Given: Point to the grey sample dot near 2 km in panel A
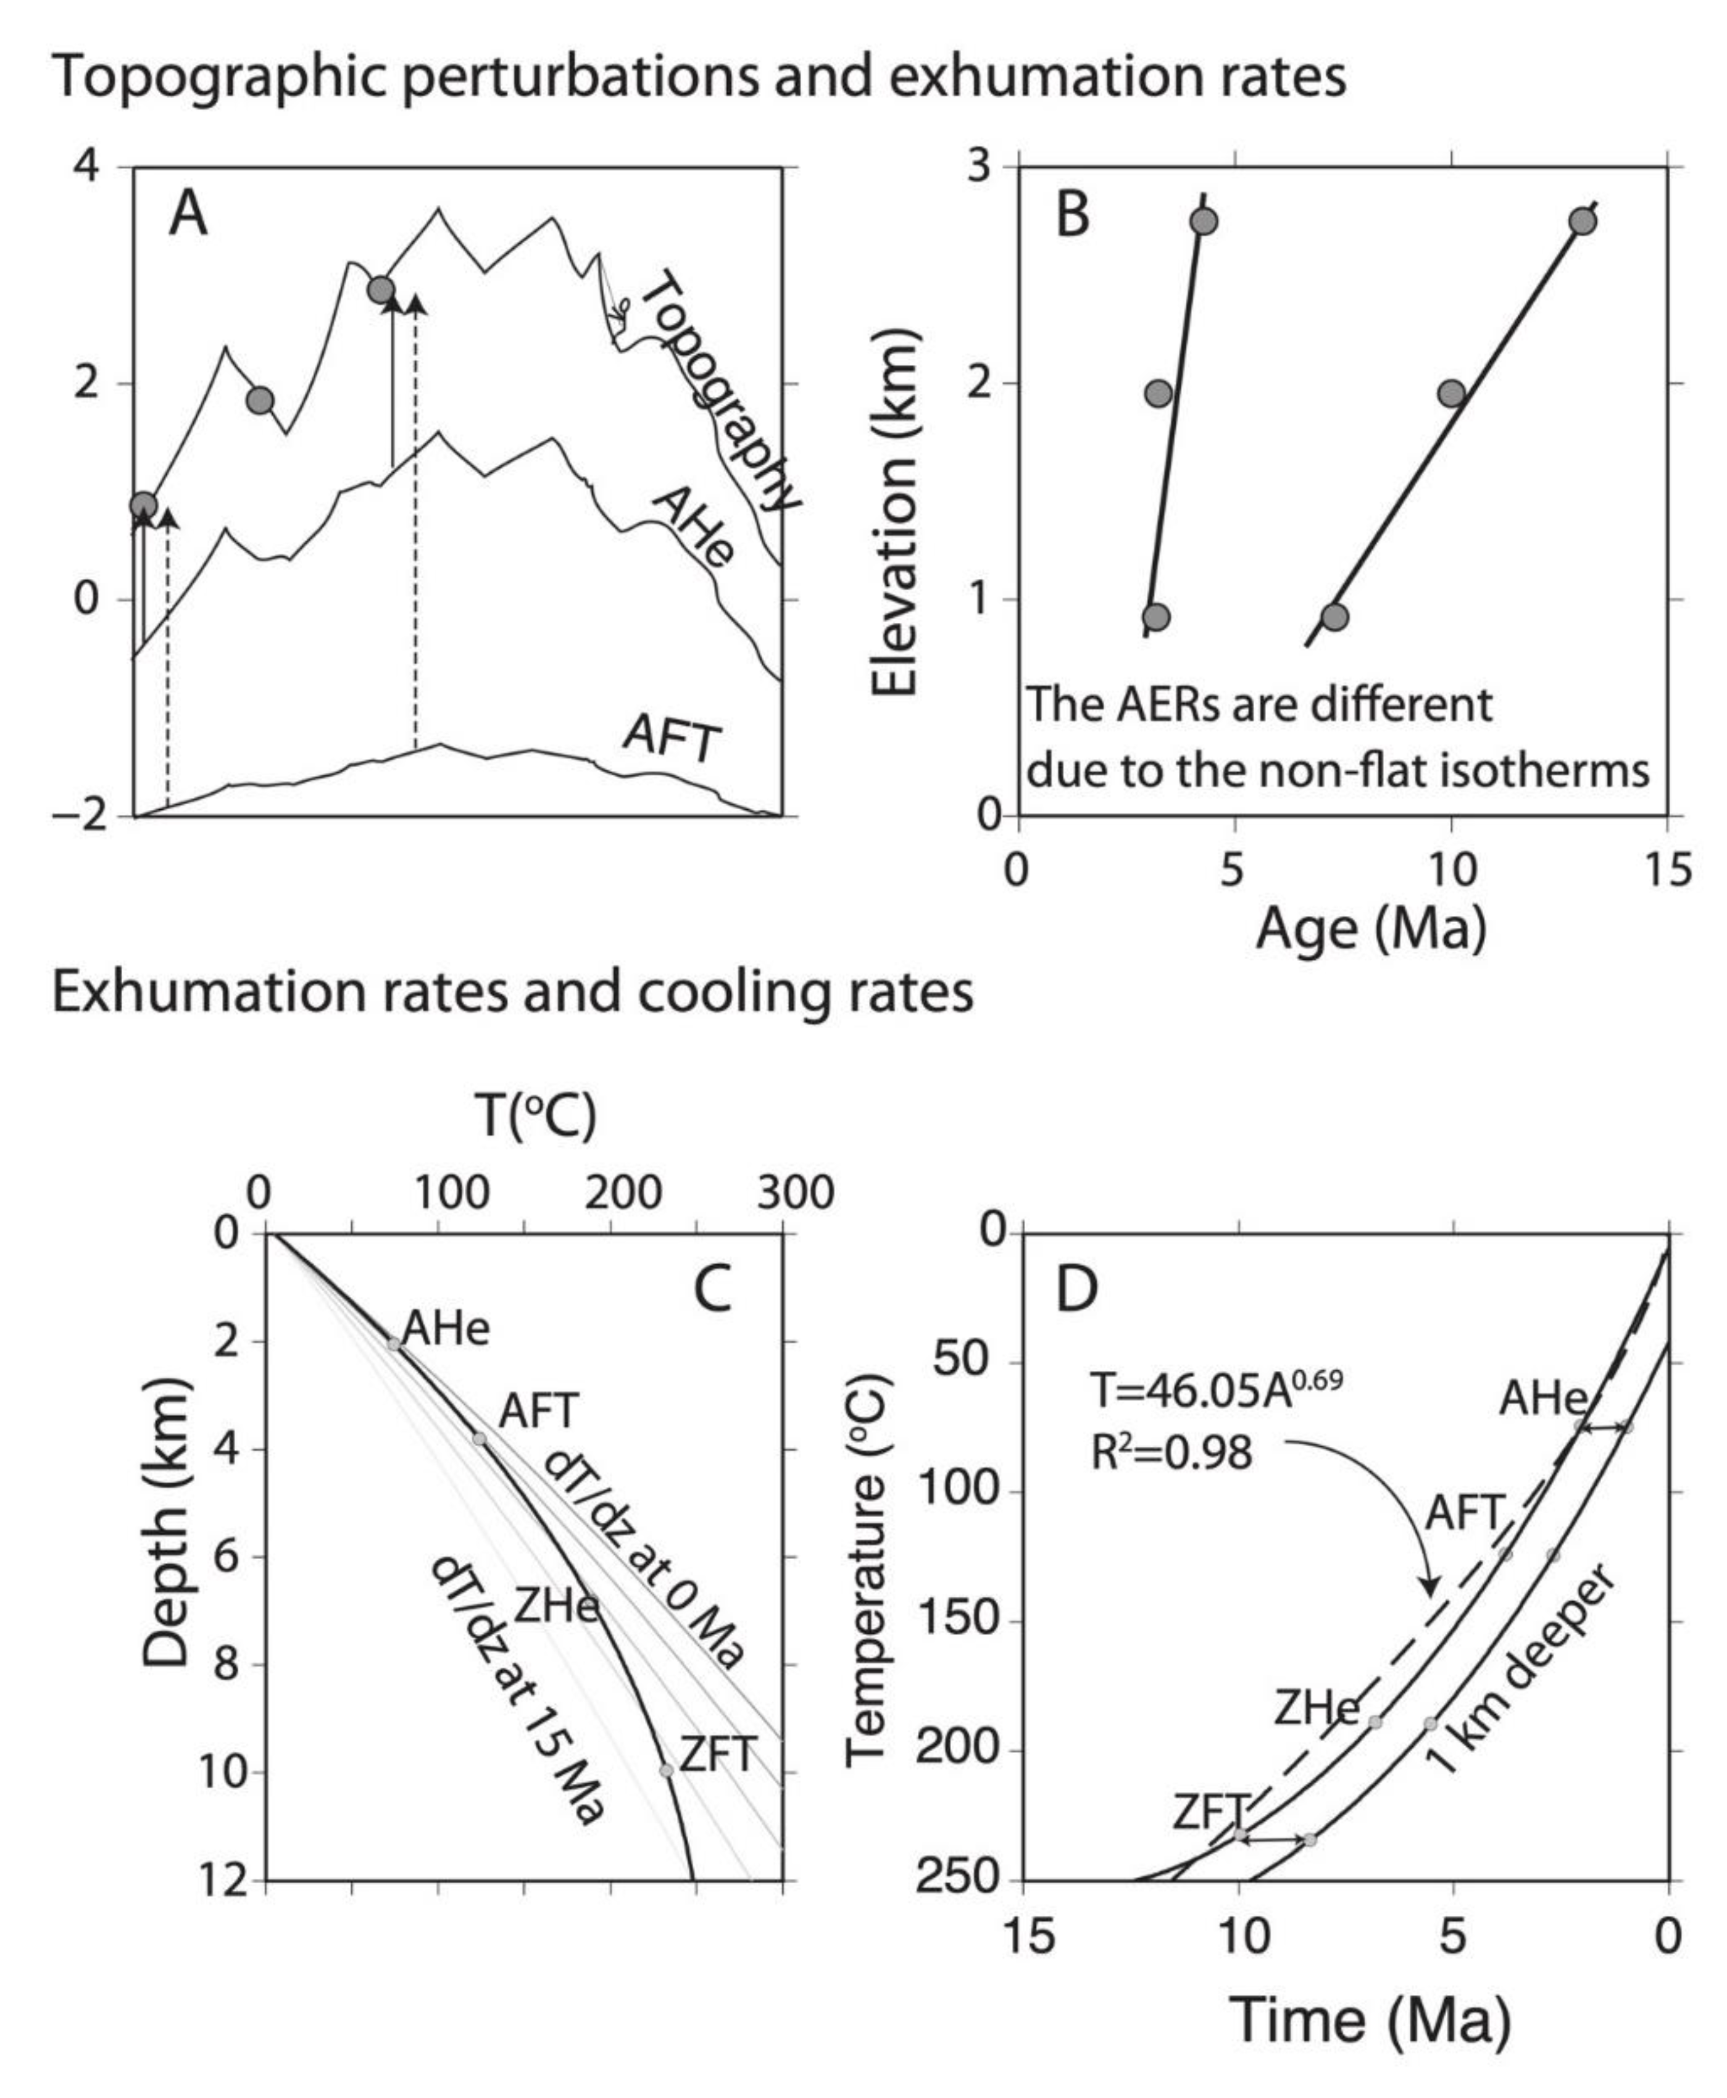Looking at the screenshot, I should tap(260, 401).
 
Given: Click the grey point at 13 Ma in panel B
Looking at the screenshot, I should tap(1582, 221).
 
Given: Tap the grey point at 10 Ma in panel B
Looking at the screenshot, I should tap(1452, 393).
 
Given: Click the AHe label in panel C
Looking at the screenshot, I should tap(446, 1330).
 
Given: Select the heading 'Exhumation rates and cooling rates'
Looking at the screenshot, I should tap(512, 992).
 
